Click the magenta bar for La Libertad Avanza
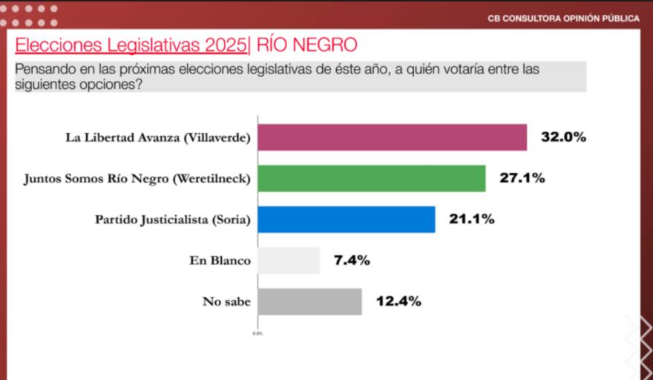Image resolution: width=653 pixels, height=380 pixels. pos(392,137)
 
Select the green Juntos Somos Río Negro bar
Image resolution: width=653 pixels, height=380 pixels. pos(371,179)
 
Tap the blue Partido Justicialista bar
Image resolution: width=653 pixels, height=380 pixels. pos(346,220)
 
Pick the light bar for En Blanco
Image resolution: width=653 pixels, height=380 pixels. pos(289,261)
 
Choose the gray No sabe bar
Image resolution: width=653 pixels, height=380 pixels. pos(309,301)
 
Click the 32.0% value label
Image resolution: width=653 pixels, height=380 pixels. pos(563,137)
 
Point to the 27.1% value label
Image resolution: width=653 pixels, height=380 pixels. pos(522,179)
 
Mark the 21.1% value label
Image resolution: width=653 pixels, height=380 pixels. pos(471,220)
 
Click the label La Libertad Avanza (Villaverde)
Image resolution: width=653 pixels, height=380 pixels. pos(158,138)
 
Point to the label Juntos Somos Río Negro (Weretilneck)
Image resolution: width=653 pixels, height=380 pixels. pos(137,179)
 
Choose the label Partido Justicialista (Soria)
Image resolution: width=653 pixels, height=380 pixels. pos(173,220)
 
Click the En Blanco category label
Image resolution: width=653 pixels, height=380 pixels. pos(220,261)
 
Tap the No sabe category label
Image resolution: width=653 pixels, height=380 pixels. pos(226,301)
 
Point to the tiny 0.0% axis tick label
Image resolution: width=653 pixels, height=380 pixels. pos(257,333)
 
